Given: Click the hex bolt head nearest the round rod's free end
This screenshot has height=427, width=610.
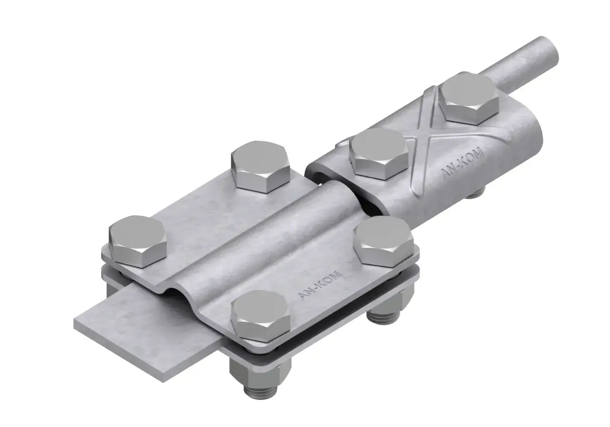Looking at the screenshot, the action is coord(469,100).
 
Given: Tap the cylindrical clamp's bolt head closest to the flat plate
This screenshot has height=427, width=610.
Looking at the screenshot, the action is coord(379,154).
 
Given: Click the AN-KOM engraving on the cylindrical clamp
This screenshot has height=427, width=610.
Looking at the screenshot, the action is coord(462,162).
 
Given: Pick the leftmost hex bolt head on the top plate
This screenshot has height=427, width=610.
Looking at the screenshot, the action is coord(138,241).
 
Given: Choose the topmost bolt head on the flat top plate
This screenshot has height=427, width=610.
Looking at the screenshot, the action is coord(260,166).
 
